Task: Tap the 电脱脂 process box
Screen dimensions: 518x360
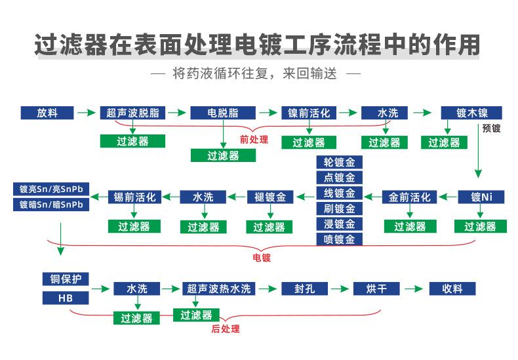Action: [222, 113]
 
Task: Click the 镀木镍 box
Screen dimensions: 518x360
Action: [470, 113]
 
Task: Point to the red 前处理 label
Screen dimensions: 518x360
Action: [254, 139]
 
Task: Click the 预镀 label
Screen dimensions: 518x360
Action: [491, 129]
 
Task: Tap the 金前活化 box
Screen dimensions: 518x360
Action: [410, 197]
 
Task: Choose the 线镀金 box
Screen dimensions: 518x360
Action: [339, 193]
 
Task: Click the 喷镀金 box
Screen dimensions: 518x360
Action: [339, 239]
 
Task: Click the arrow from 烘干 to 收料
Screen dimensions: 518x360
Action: [413, 289]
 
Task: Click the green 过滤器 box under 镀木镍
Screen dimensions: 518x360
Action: [444, 142]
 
